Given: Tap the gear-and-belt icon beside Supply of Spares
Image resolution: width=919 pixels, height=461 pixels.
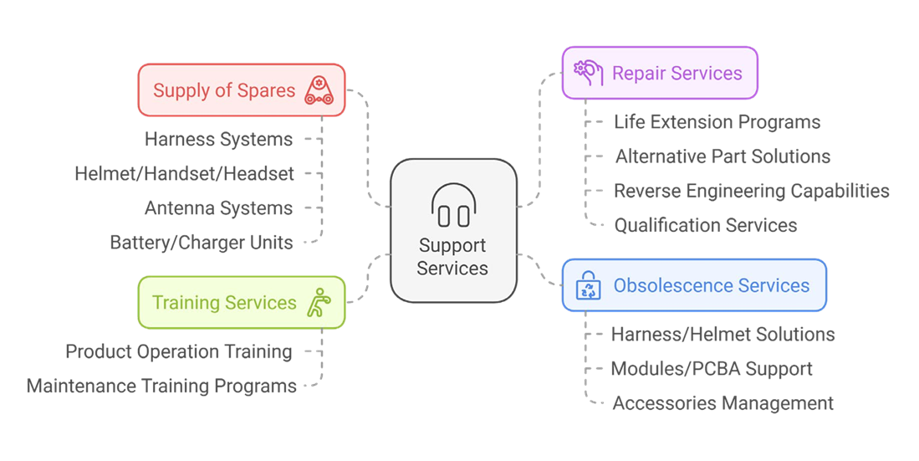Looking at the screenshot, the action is click(x=319, y=90).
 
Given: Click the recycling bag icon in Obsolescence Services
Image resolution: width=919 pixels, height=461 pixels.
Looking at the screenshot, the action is click(x=588, y=285).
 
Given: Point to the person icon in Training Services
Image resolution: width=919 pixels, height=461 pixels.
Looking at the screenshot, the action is click(x=319, y=302).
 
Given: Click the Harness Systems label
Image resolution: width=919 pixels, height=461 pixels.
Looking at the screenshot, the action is click(x=218, y=139).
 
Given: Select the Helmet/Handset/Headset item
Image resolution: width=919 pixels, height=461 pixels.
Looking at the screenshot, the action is click(x=184, y=174).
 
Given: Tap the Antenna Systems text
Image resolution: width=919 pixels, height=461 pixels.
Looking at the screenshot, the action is click(x=218, y=208).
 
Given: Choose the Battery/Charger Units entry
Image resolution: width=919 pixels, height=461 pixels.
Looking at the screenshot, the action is click(x=202, y=243).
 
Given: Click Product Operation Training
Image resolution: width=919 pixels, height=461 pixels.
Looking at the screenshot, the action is click(x=179, y=351).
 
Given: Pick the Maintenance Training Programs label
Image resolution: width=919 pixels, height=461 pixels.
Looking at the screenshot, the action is click(x=161, y=386).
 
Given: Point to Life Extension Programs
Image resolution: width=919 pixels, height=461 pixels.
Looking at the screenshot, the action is click(x=717, y=122).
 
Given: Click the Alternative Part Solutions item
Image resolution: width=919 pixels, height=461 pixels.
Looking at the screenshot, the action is click(x=722, y=156).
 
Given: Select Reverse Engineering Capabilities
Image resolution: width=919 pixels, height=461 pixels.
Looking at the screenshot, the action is click(x=752, y=192).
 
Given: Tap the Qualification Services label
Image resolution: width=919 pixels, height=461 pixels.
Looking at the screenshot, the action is click(x=706, y=225).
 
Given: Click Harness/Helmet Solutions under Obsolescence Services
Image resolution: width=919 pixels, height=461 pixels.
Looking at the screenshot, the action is click(x=723, y=335).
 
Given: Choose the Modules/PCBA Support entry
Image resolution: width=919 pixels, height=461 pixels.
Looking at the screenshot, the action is click(x=712, y=369).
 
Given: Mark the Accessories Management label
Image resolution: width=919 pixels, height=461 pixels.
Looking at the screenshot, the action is click(x=723, y=403).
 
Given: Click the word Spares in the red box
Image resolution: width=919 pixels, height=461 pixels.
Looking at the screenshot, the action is click(x=266, y=91).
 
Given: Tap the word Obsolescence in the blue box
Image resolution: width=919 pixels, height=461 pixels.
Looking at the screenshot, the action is click(x=663, y=285).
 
